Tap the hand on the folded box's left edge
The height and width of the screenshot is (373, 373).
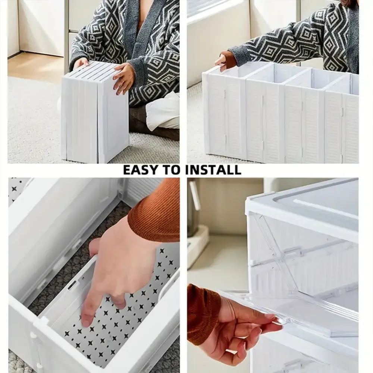[x=80, y=63]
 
